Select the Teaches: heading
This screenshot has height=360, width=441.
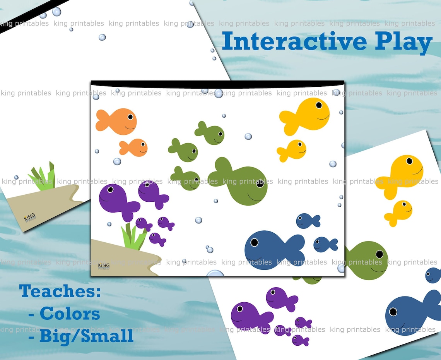pyautogui.click(x=60, y=291)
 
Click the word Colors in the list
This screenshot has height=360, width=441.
pyautogui.click(x=70, y=314)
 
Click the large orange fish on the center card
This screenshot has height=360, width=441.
pyautogui.click(x=118, y=121)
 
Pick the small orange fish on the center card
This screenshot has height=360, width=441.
pyautogui.click(x=134, y=147)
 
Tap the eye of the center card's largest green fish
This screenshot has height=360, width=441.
pyautogui.click(x=260, y=183)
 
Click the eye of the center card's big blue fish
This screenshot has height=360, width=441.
pyautogui.click(x=254, y=242)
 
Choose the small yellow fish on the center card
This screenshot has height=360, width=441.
pyautogui.click(x=293, y=150)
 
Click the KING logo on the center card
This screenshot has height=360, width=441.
pyautogui.click(x=104, y=266)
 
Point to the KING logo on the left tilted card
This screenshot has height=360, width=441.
pyautogui.click(x=29, y=218)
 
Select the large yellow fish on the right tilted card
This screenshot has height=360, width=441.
pyautogui.click(x=401, y=175)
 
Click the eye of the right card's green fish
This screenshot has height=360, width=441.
pyautogui.click(x=379, y=254)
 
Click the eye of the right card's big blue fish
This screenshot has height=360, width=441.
pyautogui.click(x=393, y=312)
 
